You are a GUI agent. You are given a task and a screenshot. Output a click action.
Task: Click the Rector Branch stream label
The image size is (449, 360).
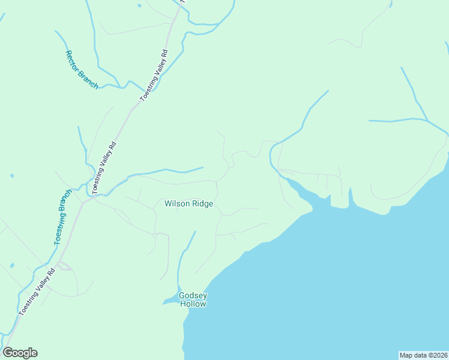[x=81, y=70]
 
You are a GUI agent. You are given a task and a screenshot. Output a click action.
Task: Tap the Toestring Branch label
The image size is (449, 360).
[x=62, y=217]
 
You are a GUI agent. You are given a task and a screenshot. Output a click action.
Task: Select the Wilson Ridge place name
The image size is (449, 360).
[x=188, y=204]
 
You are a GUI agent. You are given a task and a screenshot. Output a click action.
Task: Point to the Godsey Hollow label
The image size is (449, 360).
[x=193, y=299]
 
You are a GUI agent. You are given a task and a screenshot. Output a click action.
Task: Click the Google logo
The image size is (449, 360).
[x=20, y=353]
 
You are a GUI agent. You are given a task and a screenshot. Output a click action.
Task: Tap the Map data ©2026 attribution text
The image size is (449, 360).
[x=423, y=355]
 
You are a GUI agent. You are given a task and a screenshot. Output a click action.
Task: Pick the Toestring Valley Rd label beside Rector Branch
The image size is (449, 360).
[x=153, y=77]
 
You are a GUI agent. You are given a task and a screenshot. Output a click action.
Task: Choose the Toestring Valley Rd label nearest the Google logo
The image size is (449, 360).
[x=37, y=292]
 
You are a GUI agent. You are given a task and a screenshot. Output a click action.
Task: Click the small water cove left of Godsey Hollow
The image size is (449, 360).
[x=170, y=299]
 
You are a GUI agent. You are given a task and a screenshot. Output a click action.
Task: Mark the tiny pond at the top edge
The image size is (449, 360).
[x=139, y=5]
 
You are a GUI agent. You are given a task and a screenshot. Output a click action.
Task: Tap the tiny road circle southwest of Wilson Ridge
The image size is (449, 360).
[x=154, y=236]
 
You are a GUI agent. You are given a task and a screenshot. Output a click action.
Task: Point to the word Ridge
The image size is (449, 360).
[x=202, y=204]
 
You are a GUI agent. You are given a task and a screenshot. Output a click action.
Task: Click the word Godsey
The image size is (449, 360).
[x=193, y=295]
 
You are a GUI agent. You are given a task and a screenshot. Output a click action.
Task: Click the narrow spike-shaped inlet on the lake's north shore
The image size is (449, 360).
[x=350, y=196]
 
